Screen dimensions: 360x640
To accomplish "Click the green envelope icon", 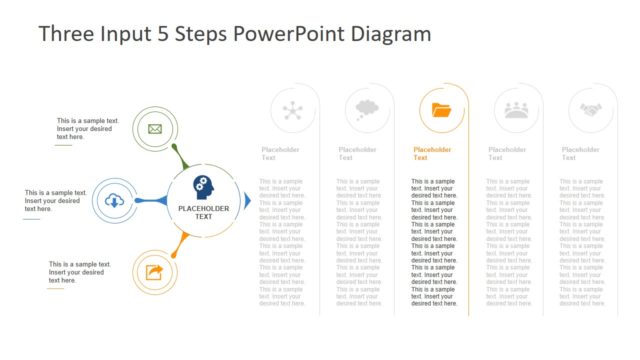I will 154,128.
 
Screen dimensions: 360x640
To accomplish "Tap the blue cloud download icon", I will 115,201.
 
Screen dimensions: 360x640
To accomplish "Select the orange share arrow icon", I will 154,272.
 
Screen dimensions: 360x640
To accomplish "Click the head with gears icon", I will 203,186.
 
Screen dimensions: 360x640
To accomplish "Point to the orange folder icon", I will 441,110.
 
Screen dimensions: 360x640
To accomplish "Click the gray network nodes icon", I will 293,110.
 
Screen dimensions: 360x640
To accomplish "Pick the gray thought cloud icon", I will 366,109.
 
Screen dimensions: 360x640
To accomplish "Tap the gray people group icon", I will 516,110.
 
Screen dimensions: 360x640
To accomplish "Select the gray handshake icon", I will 590,110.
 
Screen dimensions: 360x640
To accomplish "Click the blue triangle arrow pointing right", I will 248,201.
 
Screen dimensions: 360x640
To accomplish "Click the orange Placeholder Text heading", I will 433,153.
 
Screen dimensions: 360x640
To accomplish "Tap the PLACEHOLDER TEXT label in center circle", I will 203,212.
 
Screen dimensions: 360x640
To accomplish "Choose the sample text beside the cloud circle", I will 52,200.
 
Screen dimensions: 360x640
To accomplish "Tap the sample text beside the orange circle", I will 79,272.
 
